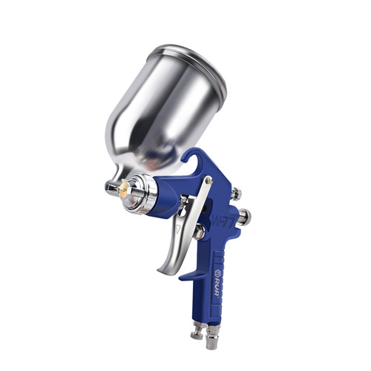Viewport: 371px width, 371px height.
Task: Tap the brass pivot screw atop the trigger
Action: pyautogui.click(x=209, y=180)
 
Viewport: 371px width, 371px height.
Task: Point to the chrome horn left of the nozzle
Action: pyautogui.click(x=111, y=188)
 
